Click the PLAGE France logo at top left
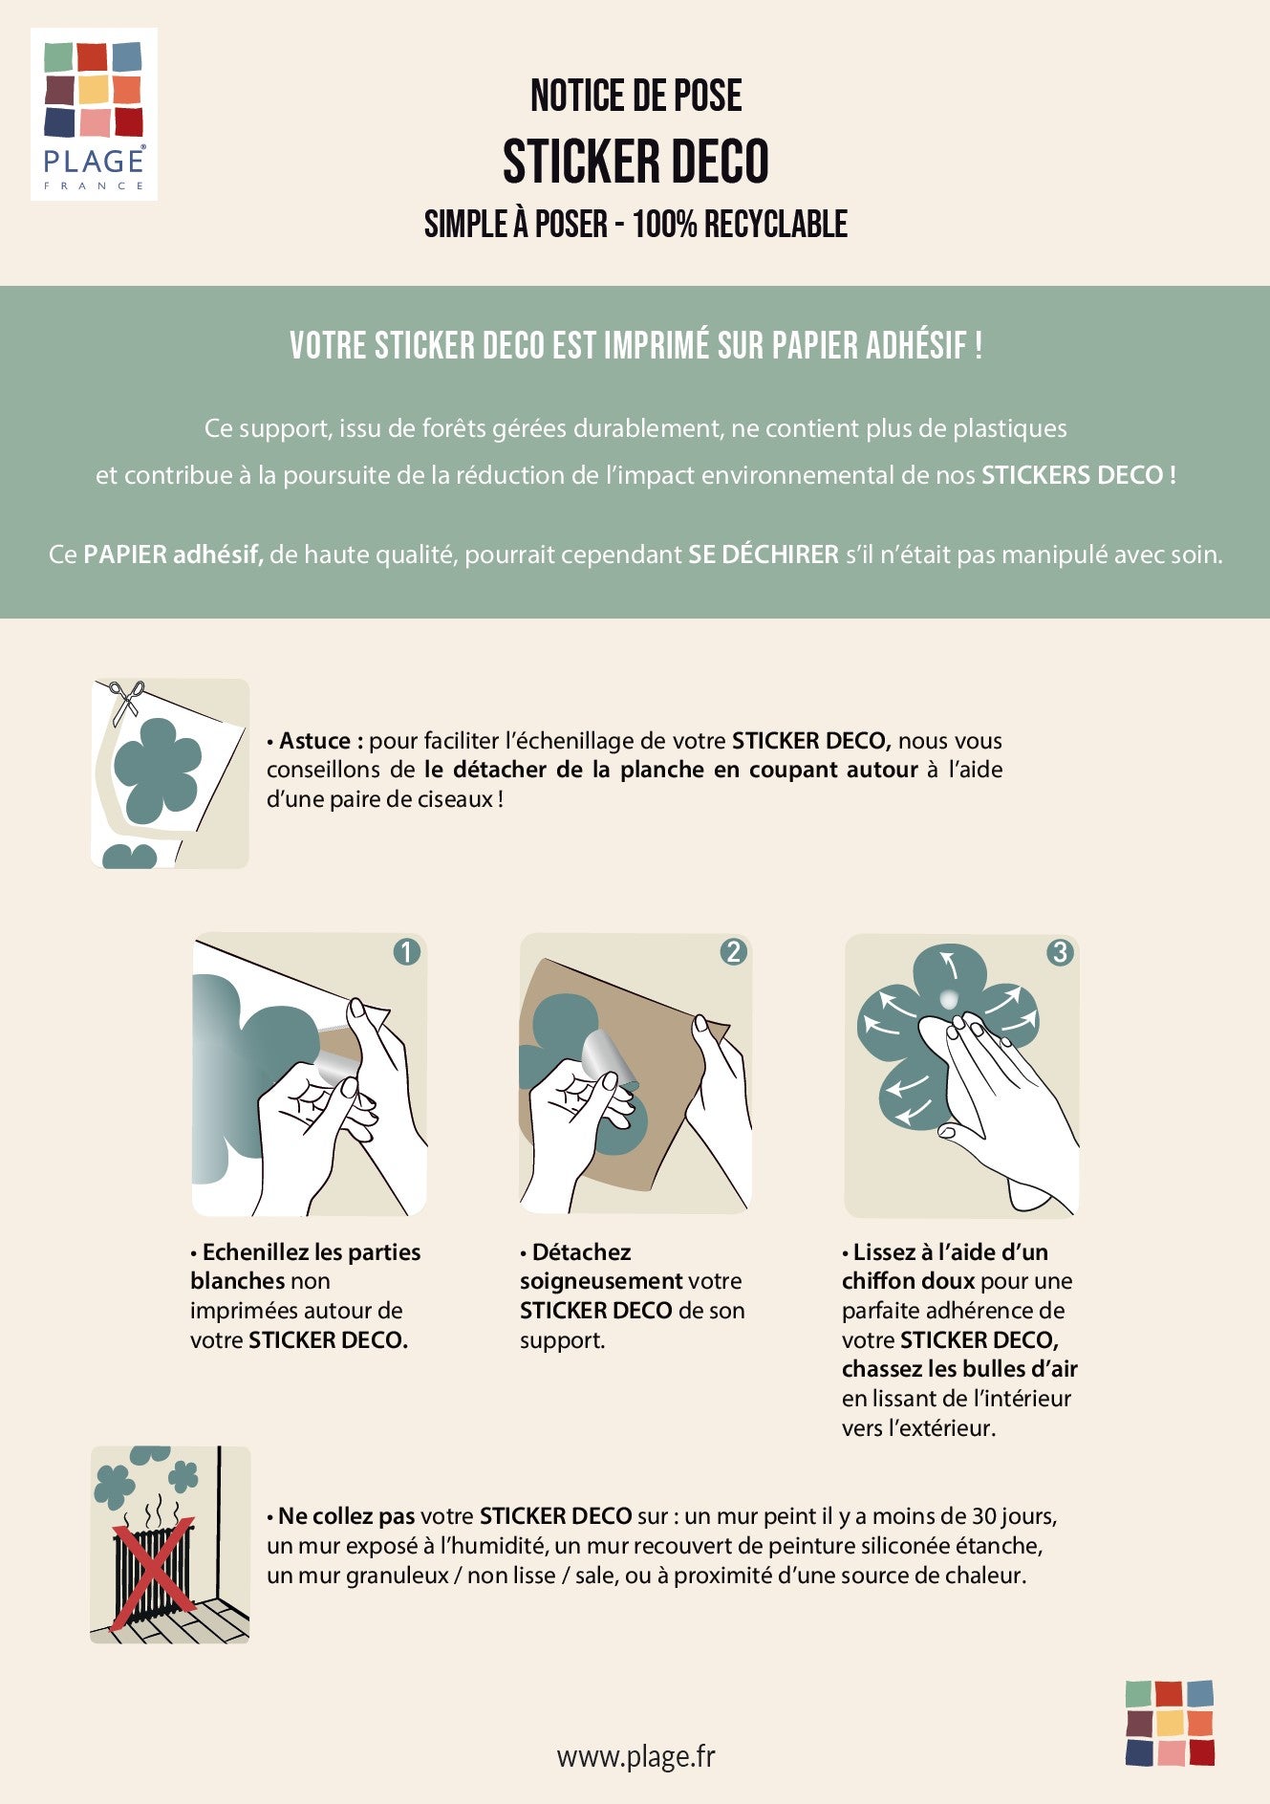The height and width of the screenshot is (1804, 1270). coord(94,115)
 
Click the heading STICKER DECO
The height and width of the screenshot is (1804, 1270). coord(635,161)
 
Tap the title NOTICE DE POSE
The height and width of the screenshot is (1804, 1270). coord(635,96)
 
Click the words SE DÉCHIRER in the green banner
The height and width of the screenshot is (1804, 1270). coord(764,554)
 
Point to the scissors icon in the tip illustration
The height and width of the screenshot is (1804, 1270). coord(126,702)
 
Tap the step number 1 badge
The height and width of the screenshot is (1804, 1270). coord(406,952)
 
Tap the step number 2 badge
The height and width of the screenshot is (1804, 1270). coord(734,952)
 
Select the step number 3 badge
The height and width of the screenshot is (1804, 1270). coord(1060,952)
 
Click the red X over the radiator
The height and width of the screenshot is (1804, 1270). coord(153,1573)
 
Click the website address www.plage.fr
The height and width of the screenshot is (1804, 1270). coord(635,1756)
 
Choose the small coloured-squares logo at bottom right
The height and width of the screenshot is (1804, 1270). coord(1170,1723)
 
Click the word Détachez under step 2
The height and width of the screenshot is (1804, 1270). coord(581,1252)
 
